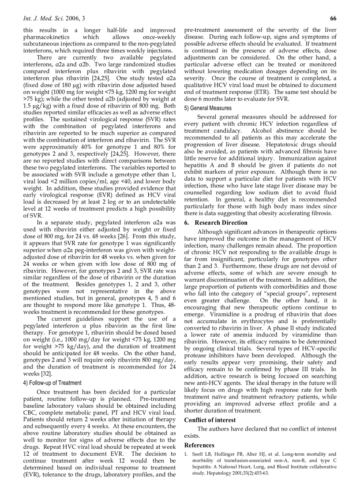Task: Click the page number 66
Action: pyautogui.click(x=333, y=18)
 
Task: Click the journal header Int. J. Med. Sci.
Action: pyautogui.click(x=46, y=18)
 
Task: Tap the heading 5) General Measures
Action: pyautogui.click(x=208, y=108)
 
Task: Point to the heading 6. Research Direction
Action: pyautogui.click(x=216, y=223)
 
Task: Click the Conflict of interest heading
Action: pyautogui.click(x=210, y=420)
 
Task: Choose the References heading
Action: pyautogui.click(x=199, y=445)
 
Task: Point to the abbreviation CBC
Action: pyautogui.click(x=30, y=413)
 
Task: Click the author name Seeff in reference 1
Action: pyautogui.click(x=198, y=454)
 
